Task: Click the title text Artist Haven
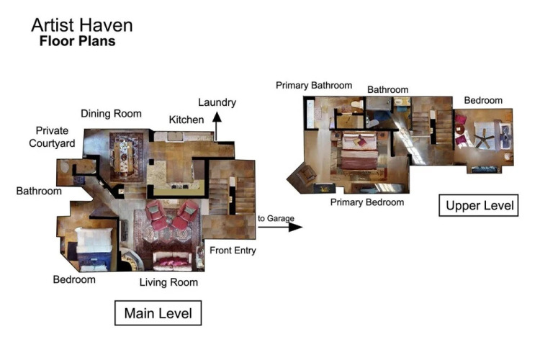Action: (x=82, y=25)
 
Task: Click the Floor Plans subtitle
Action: (x=78, y=41)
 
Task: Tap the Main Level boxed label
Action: (x=158, y=312)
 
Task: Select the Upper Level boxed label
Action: (x=479, y=205)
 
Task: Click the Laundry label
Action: (x=217, y=102)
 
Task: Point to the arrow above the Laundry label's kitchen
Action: (x=217, y=127)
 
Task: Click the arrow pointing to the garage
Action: (x=280, y=227)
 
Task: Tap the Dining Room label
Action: (x=111, y=114)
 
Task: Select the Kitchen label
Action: (x=186, y=120)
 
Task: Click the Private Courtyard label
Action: (x=52, y=137)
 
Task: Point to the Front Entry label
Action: (x=233, y=251)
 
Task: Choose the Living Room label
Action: (x=168, y=282)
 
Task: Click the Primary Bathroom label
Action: (x=314, y=86)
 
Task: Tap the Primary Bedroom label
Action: (x=367, y=202)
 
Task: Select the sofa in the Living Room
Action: (x=173, y=261)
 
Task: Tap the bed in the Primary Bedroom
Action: (x=359, y=151)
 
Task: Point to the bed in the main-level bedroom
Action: (x=94, y=248)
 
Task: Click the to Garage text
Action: (x=276, y=218)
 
